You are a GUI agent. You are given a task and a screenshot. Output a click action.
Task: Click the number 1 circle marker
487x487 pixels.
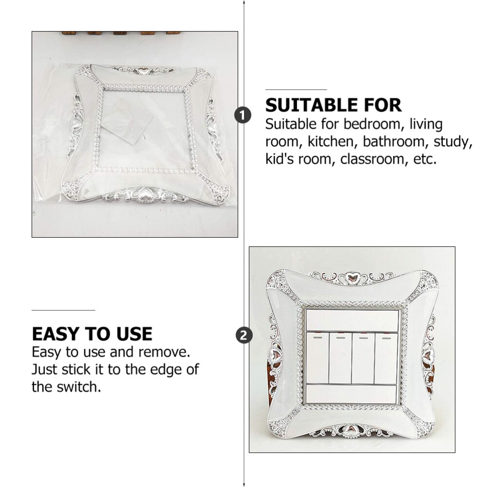tap(243, 115)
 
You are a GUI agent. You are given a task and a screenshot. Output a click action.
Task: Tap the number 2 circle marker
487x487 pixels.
tap(244, 336)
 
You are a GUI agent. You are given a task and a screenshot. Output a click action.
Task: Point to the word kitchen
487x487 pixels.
tap(331, 142)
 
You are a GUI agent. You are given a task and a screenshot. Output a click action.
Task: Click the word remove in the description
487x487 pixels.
tap(164, 352)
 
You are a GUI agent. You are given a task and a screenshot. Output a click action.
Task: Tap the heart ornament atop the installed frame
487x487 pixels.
tap(353, 277)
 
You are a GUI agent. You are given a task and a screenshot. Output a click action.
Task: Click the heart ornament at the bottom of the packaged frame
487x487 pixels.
tap(144, 195)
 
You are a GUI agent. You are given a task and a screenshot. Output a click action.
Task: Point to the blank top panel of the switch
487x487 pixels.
tap(352, 320)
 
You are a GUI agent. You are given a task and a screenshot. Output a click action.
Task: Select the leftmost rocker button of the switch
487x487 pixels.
tap(318, 358)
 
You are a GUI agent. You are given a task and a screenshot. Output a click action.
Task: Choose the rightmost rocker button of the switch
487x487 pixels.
tap(386, 358)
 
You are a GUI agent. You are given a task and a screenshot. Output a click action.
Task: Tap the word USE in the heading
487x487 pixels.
tap(134, 334)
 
